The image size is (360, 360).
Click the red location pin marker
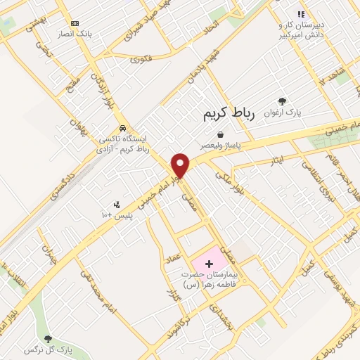click(181, 165)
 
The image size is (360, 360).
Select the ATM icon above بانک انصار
click(75, 23)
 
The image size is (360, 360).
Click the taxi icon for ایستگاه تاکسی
click(123, 129)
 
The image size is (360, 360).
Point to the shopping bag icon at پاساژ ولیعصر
click(220, 135)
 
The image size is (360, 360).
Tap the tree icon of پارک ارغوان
click(283, 102)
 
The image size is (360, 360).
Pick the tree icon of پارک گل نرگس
click(48, 339)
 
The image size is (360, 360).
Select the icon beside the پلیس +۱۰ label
click(117, 205)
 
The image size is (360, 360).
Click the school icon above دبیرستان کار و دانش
click(301, 14)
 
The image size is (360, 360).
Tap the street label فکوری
click(140, 60)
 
